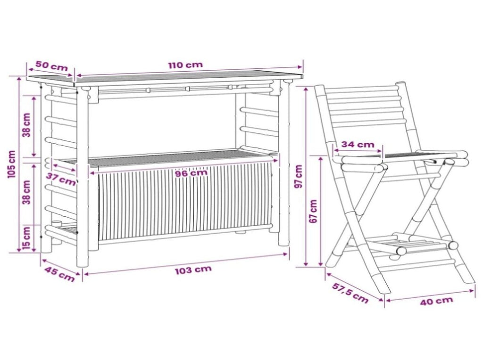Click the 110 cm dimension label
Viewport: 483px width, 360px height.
coord(185,65)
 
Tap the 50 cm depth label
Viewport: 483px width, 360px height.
coord(51,65)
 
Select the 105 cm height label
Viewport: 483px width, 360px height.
coord(11,164)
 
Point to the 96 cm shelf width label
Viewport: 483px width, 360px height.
coord(191,173)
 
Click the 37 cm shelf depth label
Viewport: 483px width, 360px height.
coord(61,179)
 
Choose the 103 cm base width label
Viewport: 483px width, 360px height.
coord(193,270)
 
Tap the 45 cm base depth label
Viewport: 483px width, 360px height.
coord(60,274)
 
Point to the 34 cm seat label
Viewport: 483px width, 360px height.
coord(358,144)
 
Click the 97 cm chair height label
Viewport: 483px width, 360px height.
coord(299,176)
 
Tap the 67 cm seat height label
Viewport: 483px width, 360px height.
coord(313,211)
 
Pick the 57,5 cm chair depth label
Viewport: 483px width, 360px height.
coord(350,293)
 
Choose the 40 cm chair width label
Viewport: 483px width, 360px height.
coord(436,301)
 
